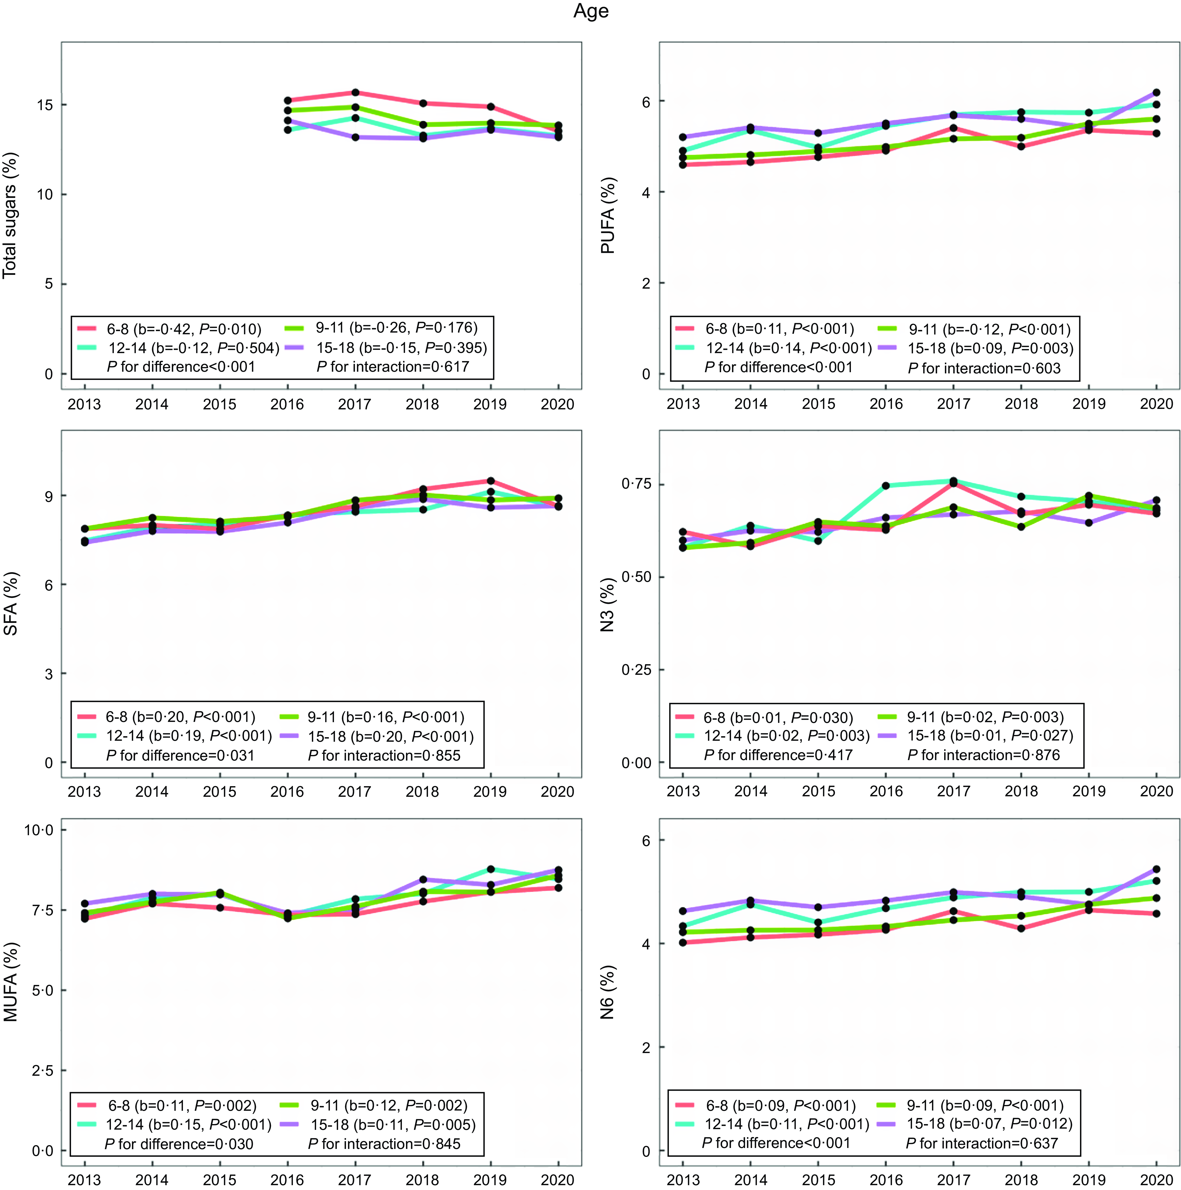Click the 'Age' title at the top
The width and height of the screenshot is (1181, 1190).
(x=591, y=12)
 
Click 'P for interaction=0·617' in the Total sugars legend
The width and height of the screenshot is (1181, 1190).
(x=393, y=367)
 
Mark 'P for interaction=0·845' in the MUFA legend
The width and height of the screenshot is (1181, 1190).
(x=384, y=1144)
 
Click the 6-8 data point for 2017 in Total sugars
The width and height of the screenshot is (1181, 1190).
(x=355, y=93)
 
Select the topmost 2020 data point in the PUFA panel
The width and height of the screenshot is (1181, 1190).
(x=1156, y=93)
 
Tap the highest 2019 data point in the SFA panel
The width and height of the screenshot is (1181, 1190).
(x=491, y=480)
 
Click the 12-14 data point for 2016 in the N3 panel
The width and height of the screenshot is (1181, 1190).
(x=886, y=485)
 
